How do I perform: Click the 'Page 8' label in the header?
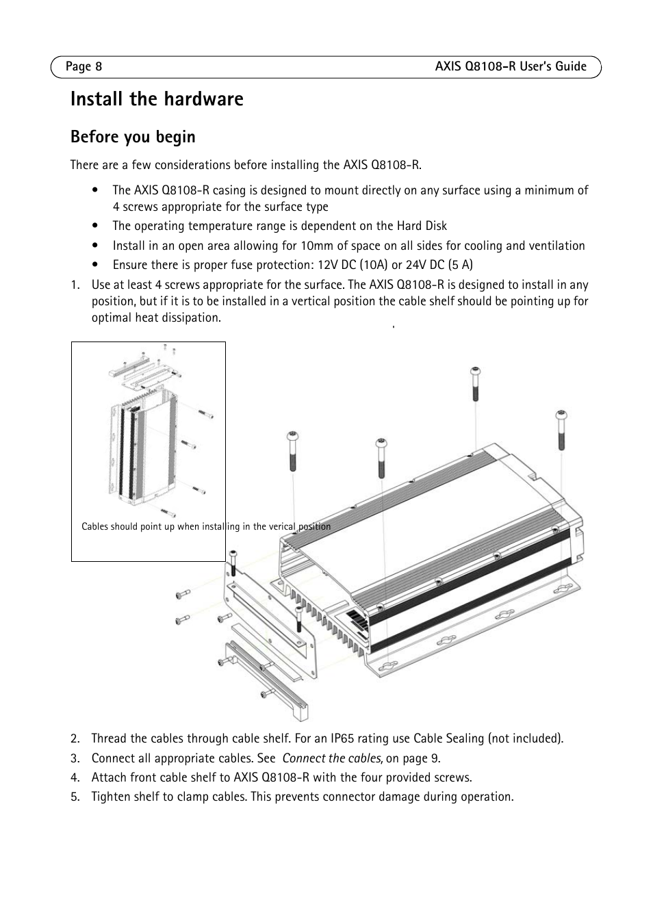point(84,66)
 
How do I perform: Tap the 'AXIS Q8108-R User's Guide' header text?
point(511,66)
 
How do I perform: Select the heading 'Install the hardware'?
point(157,99)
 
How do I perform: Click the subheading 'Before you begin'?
point(133,137)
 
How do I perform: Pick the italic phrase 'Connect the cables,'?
point(333,758)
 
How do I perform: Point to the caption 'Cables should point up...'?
point(205,527)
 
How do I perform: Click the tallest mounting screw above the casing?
point(475,383)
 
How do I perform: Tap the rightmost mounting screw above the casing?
point(562,429)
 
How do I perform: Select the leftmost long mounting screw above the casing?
point(292,450)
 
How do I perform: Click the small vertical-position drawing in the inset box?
point(157,438)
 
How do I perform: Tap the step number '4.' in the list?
point(75,777)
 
